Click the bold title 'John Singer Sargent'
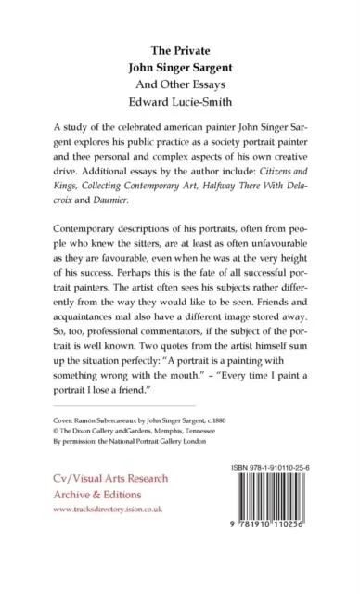click(180, 67)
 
